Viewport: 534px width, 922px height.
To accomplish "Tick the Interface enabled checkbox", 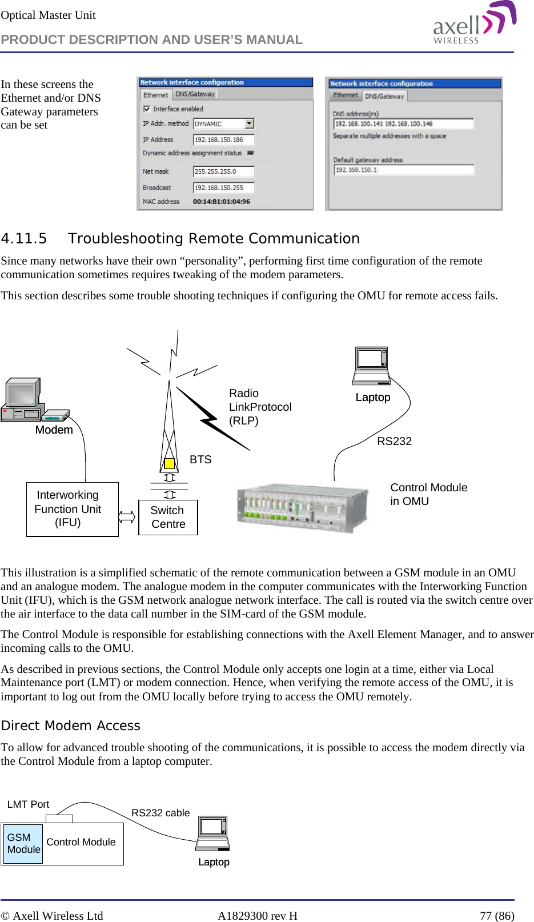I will (147, 109).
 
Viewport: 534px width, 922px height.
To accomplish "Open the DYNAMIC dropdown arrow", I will (249, 123).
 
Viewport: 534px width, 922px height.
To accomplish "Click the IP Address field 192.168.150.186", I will (223, 139).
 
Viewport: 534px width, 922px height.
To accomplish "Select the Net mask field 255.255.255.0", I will (223, 171).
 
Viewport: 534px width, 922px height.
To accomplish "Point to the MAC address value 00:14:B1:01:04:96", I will (222, 202).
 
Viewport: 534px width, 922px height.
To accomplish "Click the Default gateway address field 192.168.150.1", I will (403, 170).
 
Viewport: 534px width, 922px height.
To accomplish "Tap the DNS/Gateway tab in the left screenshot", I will (195, 94).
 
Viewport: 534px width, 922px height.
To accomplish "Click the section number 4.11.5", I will (24, 239).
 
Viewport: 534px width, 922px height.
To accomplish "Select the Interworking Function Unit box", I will (72, 509).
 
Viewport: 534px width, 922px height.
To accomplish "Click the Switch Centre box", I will (168, 518).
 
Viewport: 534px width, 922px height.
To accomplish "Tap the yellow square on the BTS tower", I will (169, 463).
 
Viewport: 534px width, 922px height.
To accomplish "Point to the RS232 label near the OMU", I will (394, 441).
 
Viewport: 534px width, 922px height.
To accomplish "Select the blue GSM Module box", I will (23, 843).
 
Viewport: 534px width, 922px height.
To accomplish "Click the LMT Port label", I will (28, 804).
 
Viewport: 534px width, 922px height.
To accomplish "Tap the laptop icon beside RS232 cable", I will (214, 833).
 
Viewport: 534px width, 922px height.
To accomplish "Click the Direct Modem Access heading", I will (71, 725).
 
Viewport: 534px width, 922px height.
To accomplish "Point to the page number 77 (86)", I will (496, 916).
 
